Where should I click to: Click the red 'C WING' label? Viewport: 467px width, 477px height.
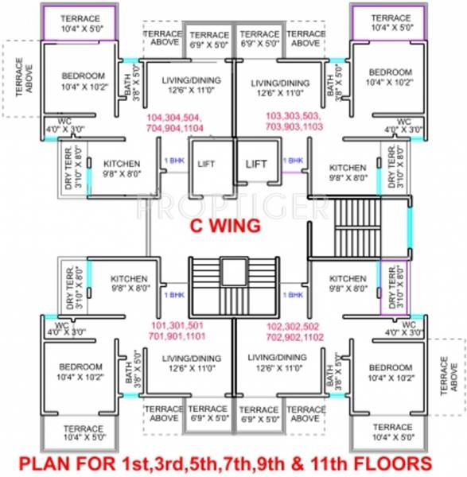click(x=224, y=226)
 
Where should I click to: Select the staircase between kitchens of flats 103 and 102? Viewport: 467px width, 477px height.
click(x=359, y=227)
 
